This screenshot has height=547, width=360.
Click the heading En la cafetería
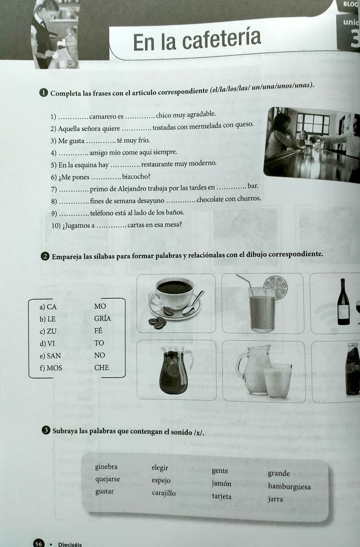197,40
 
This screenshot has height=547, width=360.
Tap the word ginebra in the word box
106,467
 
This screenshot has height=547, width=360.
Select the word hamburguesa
289,486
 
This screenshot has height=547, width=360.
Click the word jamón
221,484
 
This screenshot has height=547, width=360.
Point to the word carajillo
164,493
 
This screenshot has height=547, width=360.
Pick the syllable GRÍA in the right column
103,318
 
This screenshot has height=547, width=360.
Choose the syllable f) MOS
51,367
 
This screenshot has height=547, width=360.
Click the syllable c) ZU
48,331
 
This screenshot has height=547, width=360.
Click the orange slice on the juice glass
276,287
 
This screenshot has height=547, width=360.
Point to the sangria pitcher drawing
174,370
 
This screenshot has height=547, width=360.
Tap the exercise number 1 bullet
44,93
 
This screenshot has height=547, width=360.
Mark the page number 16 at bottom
38,543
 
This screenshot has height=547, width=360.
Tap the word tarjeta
221,496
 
